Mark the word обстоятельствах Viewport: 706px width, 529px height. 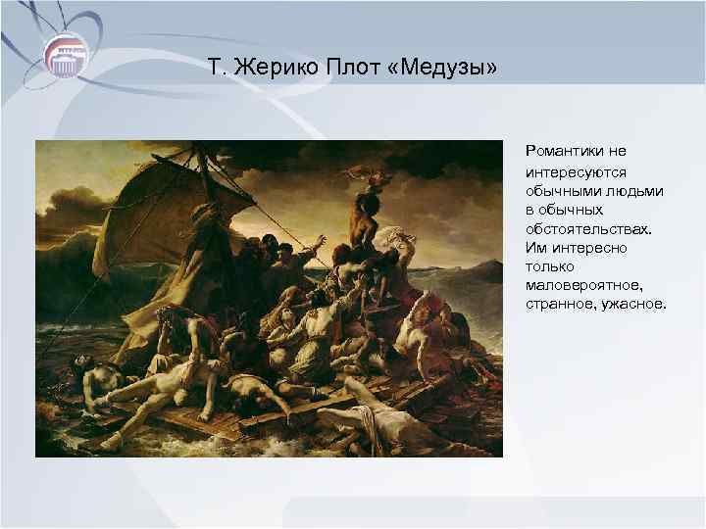587,228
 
